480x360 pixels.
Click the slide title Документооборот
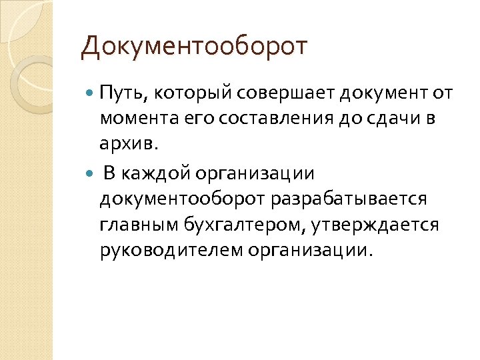[194, 47]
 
